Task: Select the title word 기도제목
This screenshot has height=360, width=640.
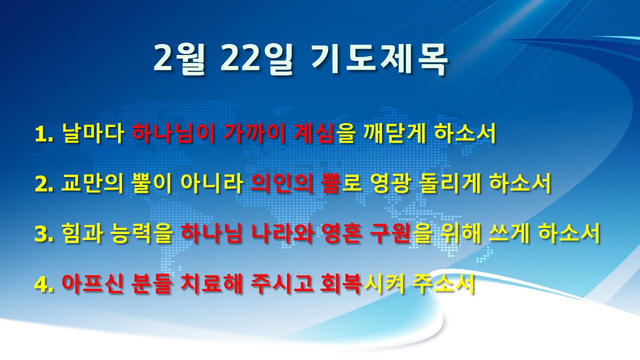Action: [379, 59]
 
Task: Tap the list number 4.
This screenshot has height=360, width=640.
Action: [43, 284]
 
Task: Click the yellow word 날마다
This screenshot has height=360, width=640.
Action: [92, 133]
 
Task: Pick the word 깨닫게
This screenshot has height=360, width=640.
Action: [394, 133]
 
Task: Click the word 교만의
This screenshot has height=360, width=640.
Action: [92, 183]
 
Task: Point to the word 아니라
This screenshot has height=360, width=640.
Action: [212, 183]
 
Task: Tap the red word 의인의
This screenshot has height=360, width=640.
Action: [281, 183]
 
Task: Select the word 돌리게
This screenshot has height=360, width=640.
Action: [451, 183]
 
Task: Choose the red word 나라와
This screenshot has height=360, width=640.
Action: [282, 233]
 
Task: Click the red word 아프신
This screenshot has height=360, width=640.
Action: [92, 283]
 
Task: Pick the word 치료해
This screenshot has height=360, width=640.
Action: [211, 283]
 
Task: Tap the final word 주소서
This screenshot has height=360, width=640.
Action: [443, 283]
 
